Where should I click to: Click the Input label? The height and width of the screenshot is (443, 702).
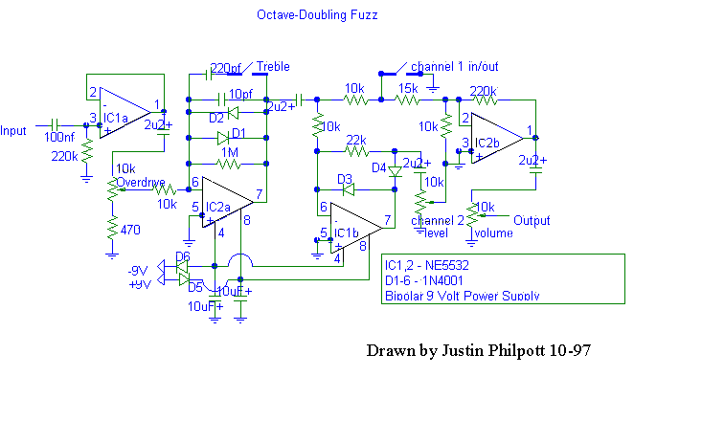[14, 131]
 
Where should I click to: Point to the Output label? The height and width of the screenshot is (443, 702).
[532, 220]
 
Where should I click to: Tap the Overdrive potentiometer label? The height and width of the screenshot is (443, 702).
[141, 183]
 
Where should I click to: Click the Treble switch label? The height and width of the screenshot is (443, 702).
[273, 67]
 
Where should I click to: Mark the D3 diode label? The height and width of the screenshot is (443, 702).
[346, 179]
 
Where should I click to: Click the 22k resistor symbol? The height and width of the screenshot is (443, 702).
[356, 150]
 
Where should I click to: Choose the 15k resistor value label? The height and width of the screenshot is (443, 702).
[409, 87]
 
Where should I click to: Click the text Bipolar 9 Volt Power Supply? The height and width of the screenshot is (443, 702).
[462, 296]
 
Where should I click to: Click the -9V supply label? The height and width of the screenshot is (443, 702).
[139, 270]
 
